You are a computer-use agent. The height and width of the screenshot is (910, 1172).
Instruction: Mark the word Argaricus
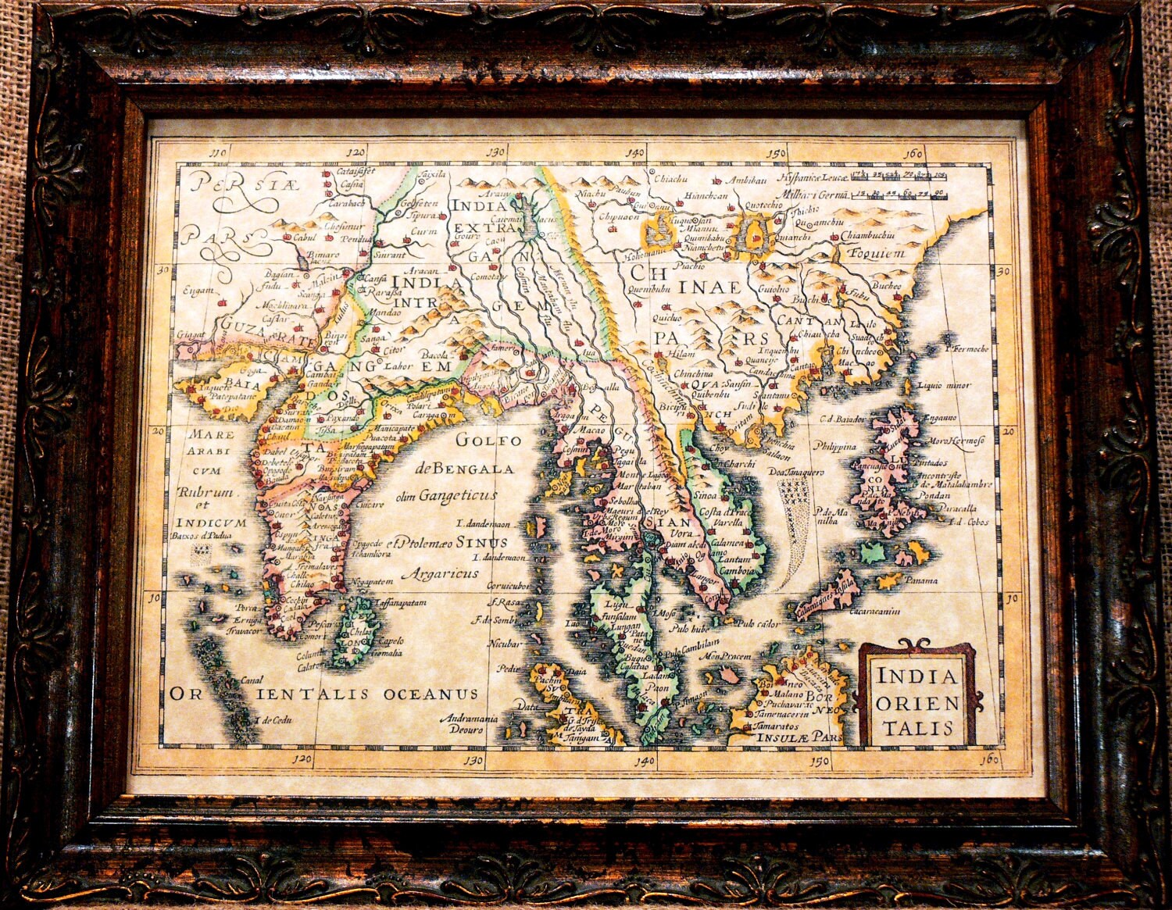click(x=439, y=573)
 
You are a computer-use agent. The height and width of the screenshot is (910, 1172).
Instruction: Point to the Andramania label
click(x=469, y=717)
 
